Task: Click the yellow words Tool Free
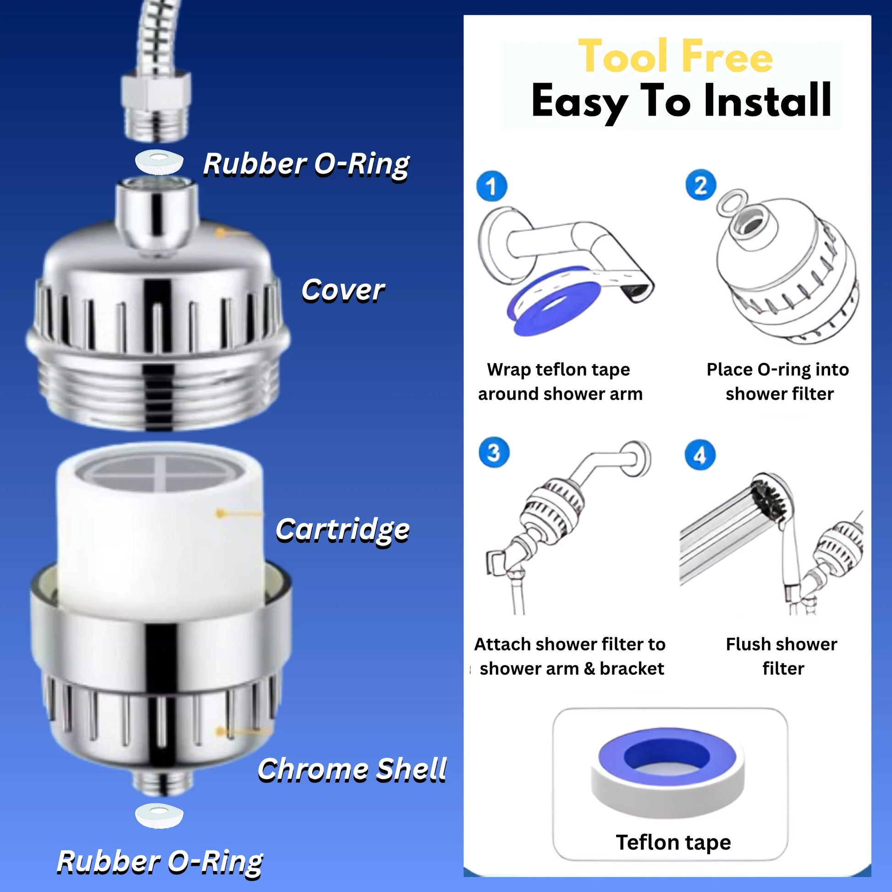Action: coord(676,56)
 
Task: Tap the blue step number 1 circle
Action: coord(491,187)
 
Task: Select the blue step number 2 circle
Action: coord(701,185)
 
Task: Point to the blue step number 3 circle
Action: coord(494,452)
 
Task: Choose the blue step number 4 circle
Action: coord(700,455)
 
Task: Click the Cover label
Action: coord(342,291)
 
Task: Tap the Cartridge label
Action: coord(342,529)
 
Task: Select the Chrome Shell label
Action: coord(352,770)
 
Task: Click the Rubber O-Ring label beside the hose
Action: coord(306,165)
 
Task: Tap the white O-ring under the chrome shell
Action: coord(160,816)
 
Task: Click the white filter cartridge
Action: coord(160,526)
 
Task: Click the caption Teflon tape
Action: coord(674,842)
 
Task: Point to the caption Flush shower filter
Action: coord(782,656)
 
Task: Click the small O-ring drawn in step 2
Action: coord(732,202)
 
